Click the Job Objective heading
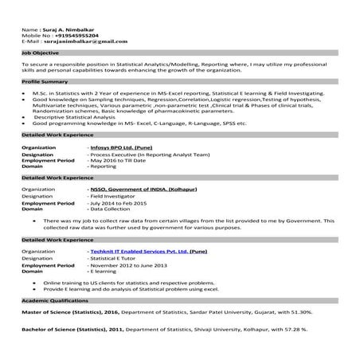coord(41,53)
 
